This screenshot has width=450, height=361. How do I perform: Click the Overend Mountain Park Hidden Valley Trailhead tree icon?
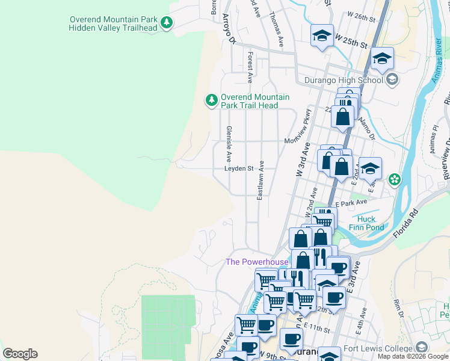(x=167, y=23)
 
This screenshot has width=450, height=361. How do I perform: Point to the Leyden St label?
(x=239, y=169)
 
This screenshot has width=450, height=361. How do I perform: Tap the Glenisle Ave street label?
(x=229, y=144)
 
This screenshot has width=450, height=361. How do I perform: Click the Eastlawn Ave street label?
(x=261, y=180)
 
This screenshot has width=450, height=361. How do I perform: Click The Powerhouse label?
(x=257, y=262)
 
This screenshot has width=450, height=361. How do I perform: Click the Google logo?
(x=20, y=354)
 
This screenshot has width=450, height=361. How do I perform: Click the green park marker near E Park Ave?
(x=395, y=179)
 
